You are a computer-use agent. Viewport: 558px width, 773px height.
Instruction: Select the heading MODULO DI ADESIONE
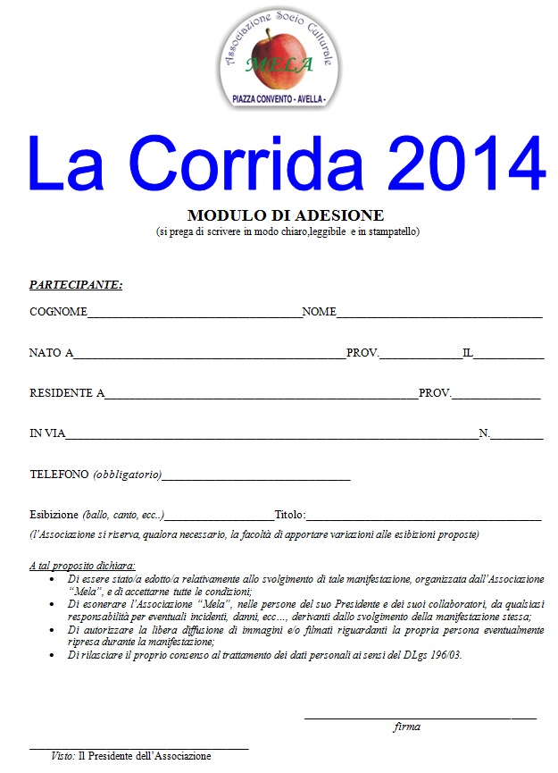click(286, 215)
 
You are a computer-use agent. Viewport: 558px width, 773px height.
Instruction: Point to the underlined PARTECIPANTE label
click(76, 285)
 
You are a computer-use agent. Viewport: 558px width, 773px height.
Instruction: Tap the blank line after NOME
click(439, 315)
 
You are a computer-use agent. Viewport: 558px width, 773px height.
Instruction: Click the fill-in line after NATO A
click(210, 357)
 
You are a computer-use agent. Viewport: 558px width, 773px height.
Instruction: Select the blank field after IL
click(508, 357)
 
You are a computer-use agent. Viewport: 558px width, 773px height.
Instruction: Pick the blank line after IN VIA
click(272, 437)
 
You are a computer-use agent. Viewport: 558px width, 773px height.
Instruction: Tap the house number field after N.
click(517, 437)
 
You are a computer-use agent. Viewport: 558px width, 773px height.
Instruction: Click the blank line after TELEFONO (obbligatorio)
click(256, 478)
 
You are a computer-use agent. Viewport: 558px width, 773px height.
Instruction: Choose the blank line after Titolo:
click(424, 518)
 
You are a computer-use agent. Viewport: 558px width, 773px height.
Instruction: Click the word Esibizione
click(54, 515)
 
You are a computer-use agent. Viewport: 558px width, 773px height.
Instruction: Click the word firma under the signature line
click(407, 727)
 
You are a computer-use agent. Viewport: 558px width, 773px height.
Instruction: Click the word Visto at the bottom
click(62, 756)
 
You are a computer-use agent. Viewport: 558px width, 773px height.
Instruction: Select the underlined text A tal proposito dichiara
click(82, 566)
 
